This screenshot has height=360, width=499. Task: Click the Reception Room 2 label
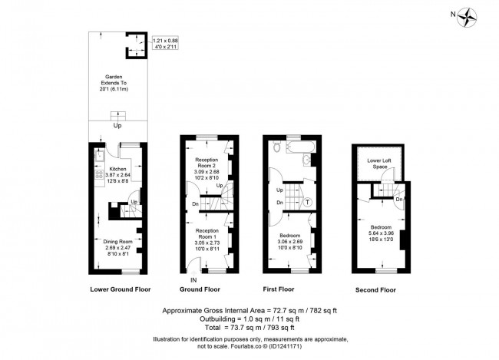coord(207,167)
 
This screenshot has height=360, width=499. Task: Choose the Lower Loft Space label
coord(378,163)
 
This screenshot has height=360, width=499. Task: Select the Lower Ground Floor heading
coord(120,290)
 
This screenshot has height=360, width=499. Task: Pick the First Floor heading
coord(279,290)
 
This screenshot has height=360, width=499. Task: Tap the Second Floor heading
coord(376,291)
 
